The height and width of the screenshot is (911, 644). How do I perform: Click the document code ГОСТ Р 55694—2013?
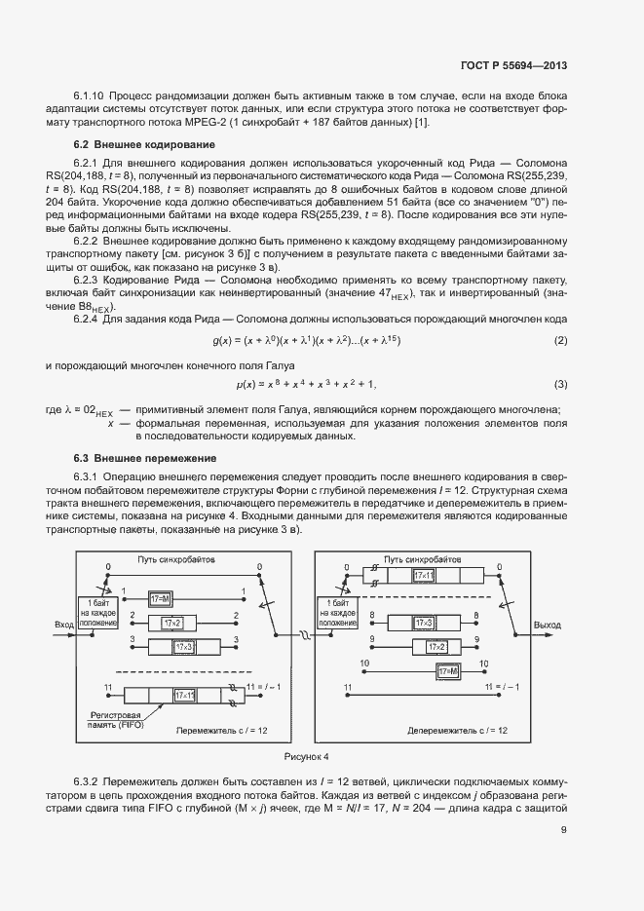513,66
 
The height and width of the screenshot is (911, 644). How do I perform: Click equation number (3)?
560,384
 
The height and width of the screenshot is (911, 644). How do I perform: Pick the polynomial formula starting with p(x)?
307,384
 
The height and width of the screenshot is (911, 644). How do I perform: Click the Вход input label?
65,625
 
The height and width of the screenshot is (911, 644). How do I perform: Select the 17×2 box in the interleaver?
172,622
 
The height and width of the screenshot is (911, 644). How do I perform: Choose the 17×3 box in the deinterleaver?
424,622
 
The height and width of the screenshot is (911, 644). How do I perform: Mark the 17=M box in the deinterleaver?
449,671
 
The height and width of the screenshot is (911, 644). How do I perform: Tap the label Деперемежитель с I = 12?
454,729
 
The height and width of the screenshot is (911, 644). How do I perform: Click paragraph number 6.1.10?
89,96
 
